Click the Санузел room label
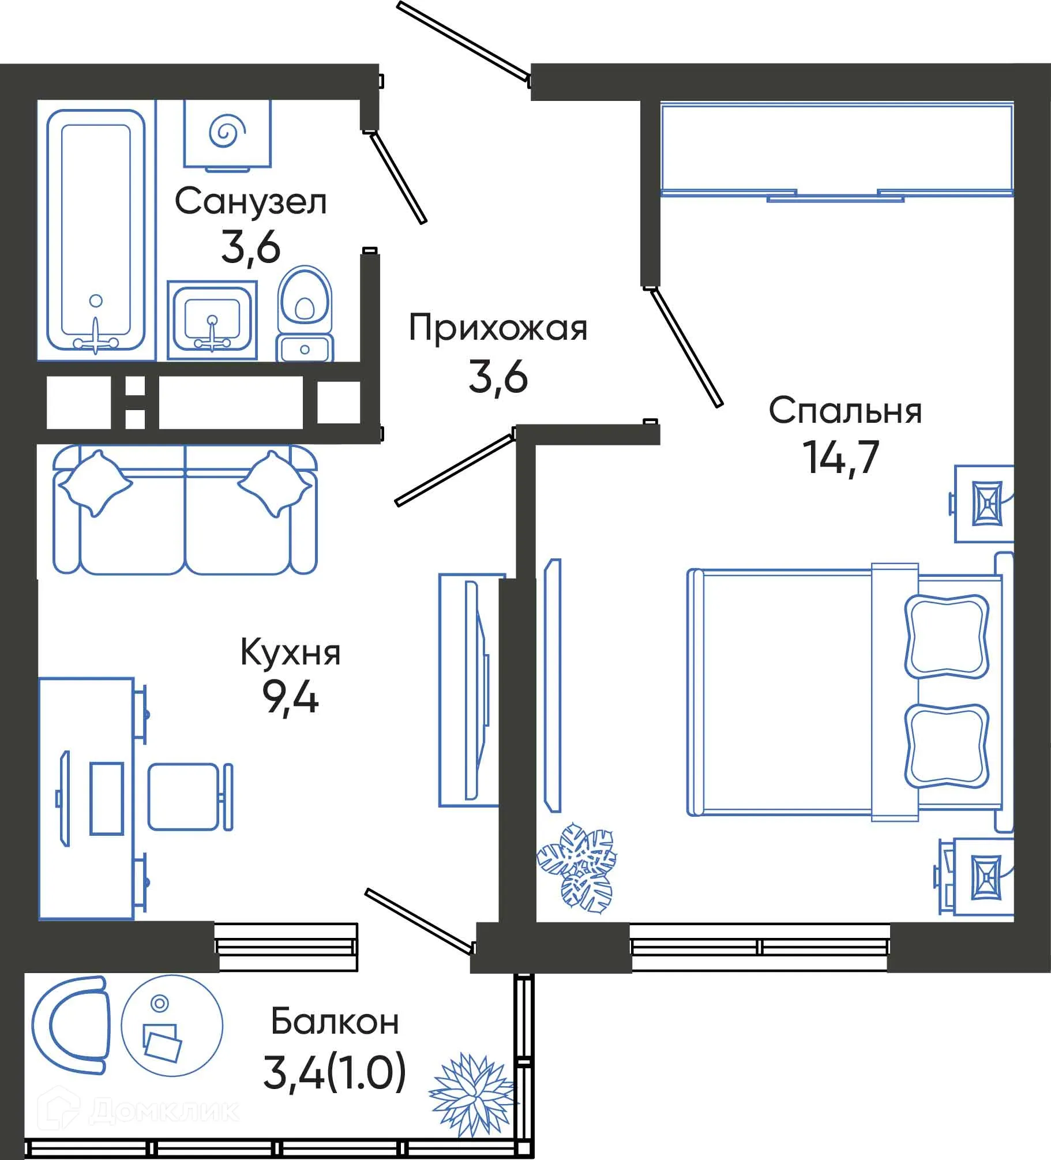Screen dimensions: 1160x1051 point(250,202)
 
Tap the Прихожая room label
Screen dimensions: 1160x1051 point(498,328)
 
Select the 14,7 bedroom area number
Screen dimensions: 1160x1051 point(842,457)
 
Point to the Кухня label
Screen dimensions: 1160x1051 point(290,653)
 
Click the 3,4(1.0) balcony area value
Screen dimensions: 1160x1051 point(335,1072)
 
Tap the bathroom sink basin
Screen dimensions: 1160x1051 point(212,321)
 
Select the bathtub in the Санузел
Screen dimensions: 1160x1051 point(96,230)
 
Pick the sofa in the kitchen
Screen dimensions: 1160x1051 point(185,510)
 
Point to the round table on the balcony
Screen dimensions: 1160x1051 point(171,1026)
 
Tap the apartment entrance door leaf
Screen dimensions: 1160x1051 point(463,40)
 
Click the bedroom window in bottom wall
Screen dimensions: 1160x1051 point(760,946)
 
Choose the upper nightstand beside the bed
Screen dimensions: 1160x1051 point(984,504)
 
